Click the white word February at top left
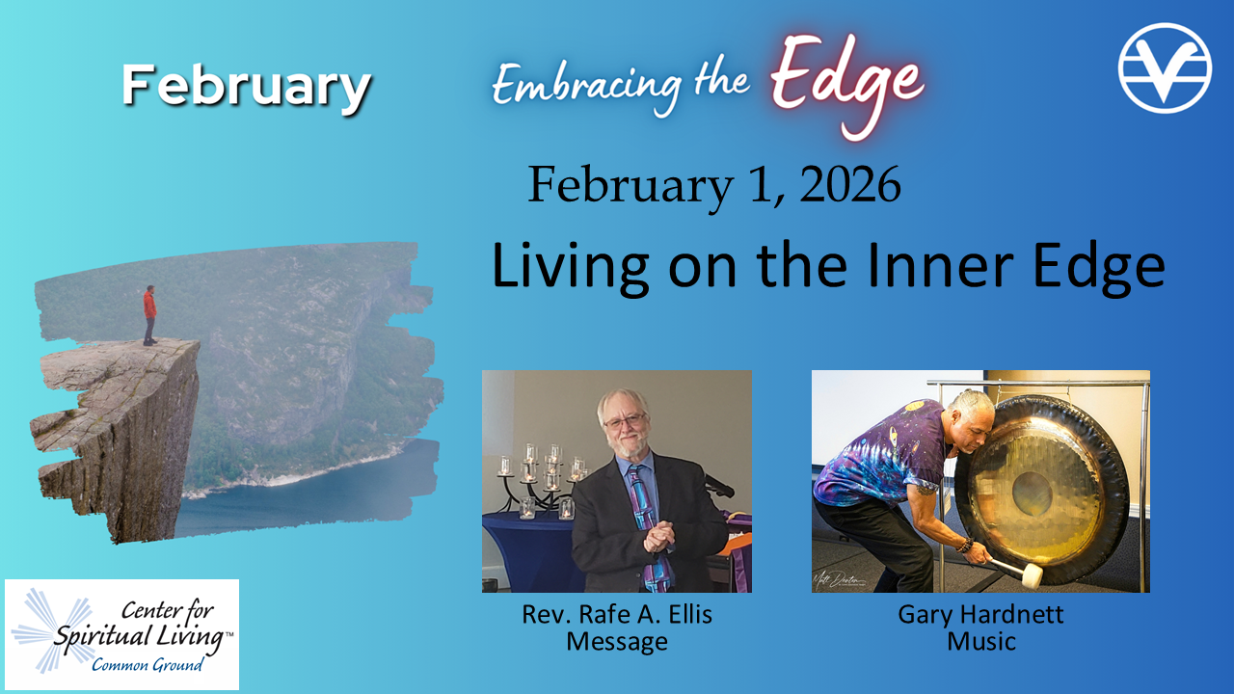click(x=246, y=88)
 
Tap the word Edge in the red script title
click(x=847, y=83)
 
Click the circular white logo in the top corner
click(x=1165, y=67)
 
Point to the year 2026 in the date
click(x=850, y=184)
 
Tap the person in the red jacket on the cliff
click(x=149, y=315)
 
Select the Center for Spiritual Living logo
click(x=121, y=634)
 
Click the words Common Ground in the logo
click(x=148, y=665)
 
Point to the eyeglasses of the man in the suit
click(x=626, y=422)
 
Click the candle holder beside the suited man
click(x=543, y=480)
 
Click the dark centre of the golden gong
click(x=1032, y=494)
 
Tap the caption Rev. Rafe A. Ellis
click(x=617, y=615)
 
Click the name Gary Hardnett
click(x=980, y=615)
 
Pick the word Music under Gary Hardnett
click(x=981, y=642)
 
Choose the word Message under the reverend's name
click(x=617, y=642)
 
